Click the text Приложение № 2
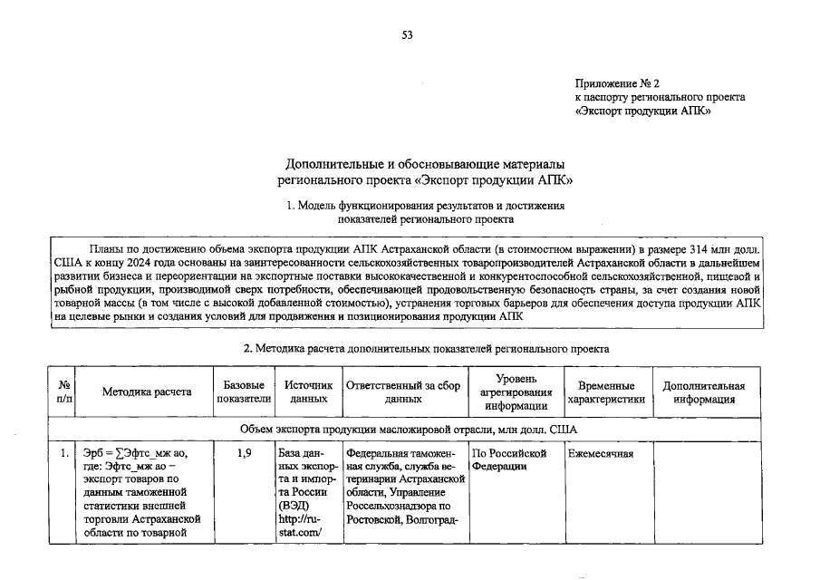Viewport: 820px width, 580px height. tap(617, 83)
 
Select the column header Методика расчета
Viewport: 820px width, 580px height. tap(146, 392)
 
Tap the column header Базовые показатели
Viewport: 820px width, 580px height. tap(244, 392)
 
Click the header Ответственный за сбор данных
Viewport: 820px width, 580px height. tap(404, 392)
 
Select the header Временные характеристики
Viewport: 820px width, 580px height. tap(606, 392)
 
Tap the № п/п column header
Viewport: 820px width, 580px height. tap(64, 392)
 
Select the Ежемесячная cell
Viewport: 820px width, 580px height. tap(600, 453)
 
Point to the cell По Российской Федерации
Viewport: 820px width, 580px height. tap(510, 459)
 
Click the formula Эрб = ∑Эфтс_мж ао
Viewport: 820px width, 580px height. tap(134, 453)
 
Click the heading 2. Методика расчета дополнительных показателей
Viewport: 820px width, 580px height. tap(426, 348)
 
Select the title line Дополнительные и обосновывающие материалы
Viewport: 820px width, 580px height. tap(425, 164)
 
